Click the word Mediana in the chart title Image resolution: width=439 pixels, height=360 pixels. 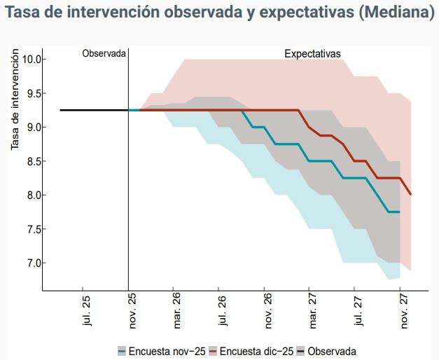pos(394,13)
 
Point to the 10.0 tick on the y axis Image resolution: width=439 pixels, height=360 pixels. pos(32,59)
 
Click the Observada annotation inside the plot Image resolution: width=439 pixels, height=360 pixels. pos(104,53)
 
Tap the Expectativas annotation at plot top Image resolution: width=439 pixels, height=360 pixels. pos(312,53)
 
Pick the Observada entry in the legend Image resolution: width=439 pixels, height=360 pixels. pos(331,351)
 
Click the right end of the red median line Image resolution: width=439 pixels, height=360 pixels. pos(410,194)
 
